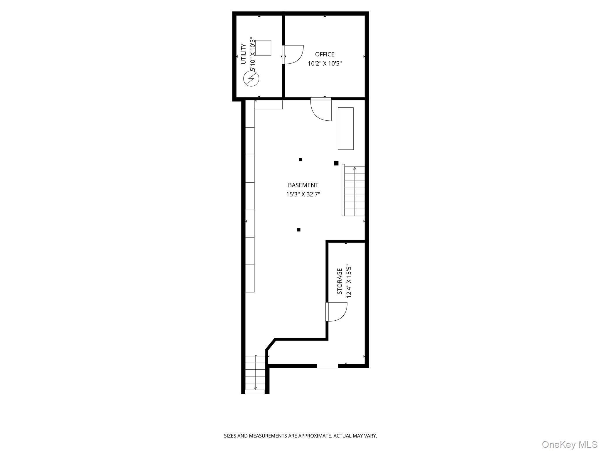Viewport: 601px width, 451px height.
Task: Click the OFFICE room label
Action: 325,54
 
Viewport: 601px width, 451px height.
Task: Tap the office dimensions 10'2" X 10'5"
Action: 325,63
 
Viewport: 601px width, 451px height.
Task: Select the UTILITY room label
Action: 243,54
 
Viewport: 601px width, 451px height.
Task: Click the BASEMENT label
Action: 303,185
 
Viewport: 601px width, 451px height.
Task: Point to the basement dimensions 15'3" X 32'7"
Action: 303,194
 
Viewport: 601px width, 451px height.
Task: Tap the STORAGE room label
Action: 340,281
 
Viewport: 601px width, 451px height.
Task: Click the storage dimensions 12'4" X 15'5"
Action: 349,281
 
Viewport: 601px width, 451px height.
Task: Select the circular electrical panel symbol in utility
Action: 251,79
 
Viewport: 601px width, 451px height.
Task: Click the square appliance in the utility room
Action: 263,48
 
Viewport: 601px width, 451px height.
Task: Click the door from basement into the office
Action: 321,109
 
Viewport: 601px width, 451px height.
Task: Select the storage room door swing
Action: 337,312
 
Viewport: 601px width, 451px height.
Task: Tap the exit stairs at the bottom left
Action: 255,373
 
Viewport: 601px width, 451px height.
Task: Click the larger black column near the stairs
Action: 336,163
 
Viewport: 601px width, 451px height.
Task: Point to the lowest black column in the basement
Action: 299,230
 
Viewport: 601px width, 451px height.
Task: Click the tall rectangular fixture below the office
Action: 345,129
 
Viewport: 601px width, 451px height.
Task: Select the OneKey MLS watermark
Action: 569,444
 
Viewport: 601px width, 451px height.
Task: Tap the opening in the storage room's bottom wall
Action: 327,366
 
